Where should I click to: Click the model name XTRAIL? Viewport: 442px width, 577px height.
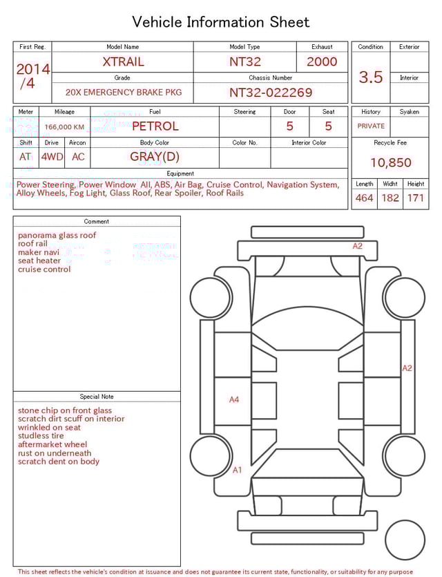pos(123,62)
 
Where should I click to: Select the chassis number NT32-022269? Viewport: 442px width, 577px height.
pos(271,92)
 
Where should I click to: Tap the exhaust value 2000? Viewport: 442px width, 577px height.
pos(322,62)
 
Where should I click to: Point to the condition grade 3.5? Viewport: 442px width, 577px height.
pos(371,77)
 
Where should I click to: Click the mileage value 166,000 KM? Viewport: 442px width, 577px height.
pos(64,127)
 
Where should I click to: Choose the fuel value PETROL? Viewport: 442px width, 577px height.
pos(155,126)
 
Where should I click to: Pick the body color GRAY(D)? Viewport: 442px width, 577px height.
pos(155,156)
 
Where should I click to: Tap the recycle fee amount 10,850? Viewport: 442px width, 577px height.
pos(390,163)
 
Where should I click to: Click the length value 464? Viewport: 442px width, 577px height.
pos(364,198)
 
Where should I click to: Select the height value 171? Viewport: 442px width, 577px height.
pos(416,198)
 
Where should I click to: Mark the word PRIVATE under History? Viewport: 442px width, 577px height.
pos(371,126)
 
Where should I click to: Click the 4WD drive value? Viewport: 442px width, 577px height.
pos(52,157)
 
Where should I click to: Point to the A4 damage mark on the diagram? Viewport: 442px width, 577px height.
pos(234,399)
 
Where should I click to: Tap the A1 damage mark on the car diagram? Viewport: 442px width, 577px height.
pos(237,470)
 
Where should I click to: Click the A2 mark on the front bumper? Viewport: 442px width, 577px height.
pos(357,246)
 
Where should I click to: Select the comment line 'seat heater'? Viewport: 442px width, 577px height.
pos(39,261)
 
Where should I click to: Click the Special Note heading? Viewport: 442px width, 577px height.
pos(97,397)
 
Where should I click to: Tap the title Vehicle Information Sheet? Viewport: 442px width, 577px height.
pos(221,22)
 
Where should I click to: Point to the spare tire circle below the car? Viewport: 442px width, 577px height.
pos(405,540)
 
